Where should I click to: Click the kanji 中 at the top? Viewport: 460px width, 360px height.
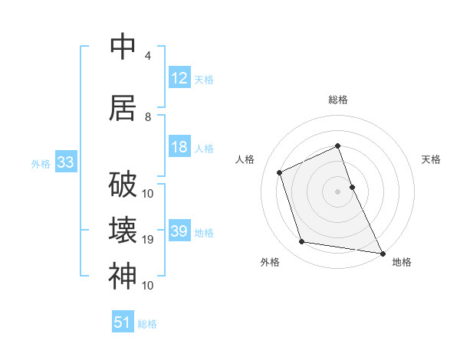[123, 47]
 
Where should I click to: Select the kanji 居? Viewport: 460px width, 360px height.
[123, 107]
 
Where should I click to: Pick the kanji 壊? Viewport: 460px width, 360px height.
[123, 231]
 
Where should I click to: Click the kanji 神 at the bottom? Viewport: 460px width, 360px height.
[123, 276]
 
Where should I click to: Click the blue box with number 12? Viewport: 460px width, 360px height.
[179, 78]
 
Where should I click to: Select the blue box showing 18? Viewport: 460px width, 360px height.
[179, 147]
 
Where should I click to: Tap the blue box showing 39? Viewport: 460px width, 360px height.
[179, 231]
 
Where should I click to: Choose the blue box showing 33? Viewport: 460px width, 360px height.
[64, 162]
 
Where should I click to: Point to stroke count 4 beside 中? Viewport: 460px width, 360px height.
[147, 56]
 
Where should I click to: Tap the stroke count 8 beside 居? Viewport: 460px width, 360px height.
[147, 117]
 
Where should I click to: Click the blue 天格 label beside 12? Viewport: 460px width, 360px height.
[204, 79]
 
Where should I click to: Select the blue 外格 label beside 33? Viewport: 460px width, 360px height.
[40, 163]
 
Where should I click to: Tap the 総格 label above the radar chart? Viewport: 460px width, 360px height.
[338, 100]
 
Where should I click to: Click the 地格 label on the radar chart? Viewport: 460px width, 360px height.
[402, 263]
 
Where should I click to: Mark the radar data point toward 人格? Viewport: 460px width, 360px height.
[280, 172]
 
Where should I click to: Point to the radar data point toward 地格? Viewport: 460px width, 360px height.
[382, 252]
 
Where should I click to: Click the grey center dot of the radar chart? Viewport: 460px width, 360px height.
[338, 191]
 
